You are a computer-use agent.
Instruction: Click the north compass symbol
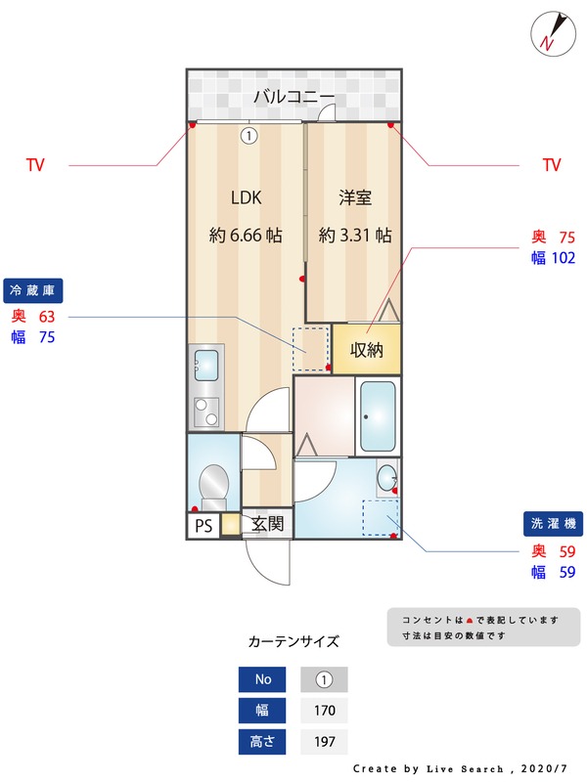pos(551,32)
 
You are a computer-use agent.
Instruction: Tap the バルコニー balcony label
pos(293,96)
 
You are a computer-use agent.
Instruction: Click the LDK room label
pos(247,197)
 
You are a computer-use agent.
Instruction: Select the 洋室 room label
pos(356,197)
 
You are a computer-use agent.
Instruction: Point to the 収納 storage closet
pos(367,350)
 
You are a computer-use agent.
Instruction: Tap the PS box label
pos(203,526)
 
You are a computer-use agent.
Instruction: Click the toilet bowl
pos(213,483)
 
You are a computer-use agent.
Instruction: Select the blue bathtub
pos(378,415)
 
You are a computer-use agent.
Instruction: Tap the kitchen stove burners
pos(206,412)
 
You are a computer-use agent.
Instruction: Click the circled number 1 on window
pos(248,137)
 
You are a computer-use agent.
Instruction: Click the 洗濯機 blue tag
pos(553,523)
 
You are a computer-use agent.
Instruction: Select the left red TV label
pos(35,165)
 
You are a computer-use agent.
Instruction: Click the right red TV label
pos(552,165)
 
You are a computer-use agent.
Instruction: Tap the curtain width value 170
pos(325,711)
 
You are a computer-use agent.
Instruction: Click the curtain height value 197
pos(325,742)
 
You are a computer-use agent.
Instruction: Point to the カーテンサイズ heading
pos(293,642)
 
